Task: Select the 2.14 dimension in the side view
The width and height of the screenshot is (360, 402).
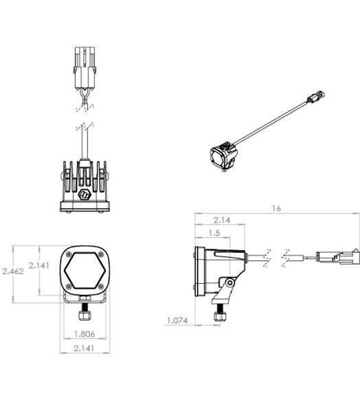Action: pyautogui.click(x=221, y=221)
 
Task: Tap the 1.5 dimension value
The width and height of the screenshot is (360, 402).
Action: pyautogui.click(x=213, y=234)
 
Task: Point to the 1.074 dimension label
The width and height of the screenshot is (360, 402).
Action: pyautogui.click(x=178, y=320)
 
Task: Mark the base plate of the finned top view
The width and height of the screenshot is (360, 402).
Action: pyautogui.click(x=85, y=206)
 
